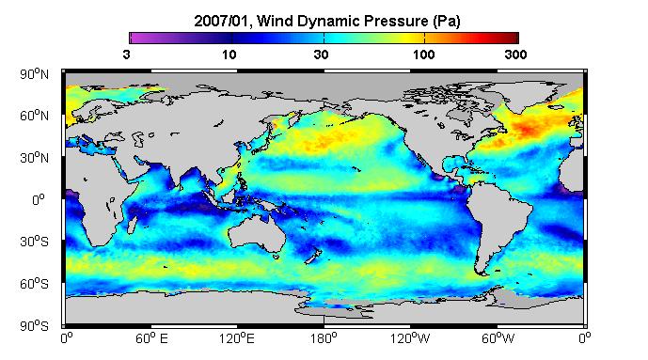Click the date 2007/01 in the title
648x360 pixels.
221,21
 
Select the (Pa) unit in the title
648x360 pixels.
447,22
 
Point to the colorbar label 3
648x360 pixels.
126,55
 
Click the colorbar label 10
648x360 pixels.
229,55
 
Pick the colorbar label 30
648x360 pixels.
321,55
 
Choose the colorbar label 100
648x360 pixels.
423,55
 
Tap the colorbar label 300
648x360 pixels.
515,55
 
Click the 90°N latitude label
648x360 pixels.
34,74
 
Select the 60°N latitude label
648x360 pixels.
34,116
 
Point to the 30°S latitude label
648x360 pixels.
34,242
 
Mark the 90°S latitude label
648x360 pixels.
34,326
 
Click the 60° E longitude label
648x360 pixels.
152,338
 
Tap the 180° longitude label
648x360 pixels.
324,338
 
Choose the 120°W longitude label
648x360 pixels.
410,338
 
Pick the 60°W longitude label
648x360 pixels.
498,338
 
